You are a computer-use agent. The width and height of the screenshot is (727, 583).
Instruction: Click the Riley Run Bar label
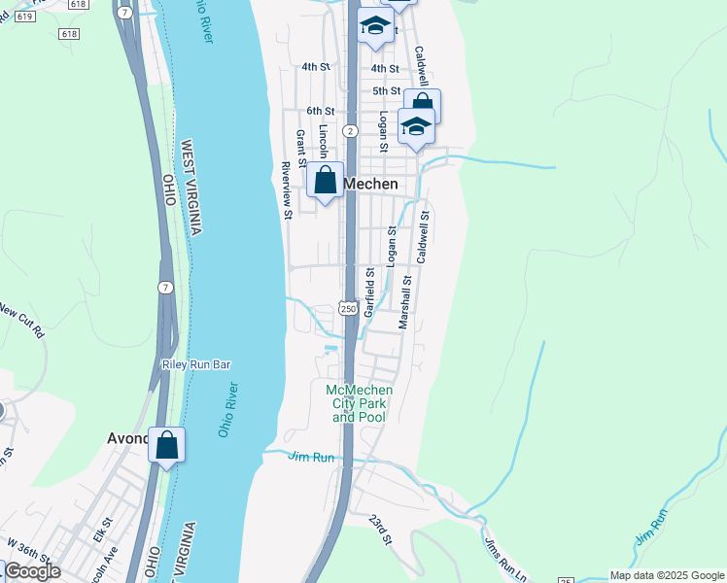tap(195, 364)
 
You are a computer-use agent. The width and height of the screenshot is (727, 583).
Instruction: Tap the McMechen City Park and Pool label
tap(359, 403)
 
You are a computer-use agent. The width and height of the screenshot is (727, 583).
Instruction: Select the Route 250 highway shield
tap(347, 308)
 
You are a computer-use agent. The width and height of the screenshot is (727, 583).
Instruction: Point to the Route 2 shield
tap(350, 129)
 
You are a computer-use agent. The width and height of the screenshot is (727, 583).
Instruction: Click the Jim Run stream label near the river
tap(311, 457)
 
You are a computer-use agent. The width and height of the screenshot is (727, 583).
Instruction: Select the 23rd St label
tap(379, 530)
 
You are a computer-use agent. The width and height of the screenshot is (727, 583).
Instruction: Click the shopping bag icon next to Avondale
tap(166, 445)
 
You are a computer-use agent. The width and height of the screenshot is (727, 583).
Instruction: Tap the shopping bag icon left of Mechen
tap(326, 182)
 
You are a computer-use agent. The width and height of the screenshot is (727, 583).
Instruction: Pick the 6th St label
tap(320, 112)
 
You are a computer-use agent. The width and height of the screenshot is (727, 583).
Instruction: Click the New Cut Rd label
tap(22, 321)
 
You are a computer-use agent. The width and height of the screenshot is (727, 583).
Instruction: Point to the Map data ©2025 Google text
tap(667, 575)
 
